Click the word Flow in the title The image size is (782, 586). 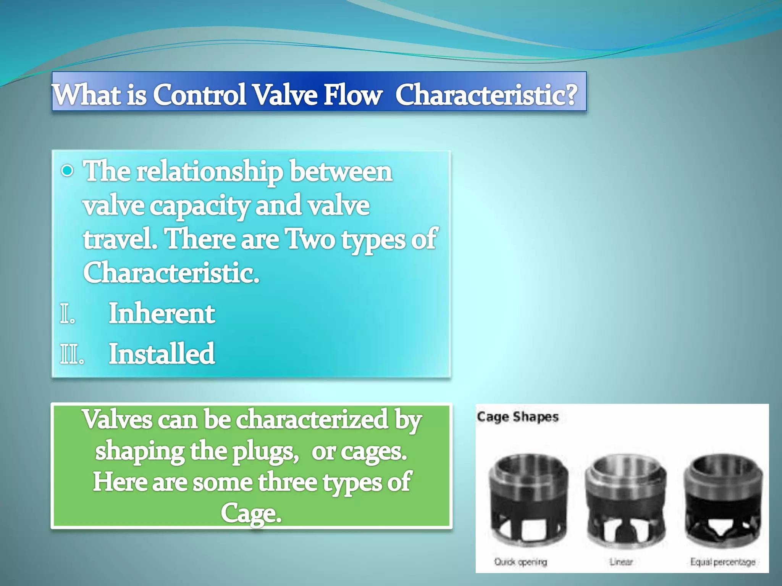tap(352, 95)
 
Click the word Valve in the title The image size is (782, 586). tap(285, 95)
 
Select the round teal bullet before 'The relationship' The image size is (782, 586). tap(68, 171)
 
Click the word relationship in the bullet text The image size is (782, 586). tap(210, 172)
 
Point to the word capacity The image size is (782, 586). tap(199, 206)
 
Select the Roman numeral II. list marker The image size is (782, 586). tap(72, 354)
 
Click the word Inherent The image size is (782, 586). tap(162, 314)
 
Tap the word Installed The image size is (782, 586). tap(162, 354)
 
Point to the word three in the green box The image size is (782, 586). tap(287, 482)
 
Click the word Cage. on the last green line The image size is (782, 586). tap(251, 513)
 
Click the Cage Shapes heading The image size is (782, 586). tap(517, 417)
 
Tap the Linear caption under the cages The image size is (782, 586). tap(621, 562)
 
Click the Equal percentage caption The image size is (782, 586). tap(722, 562)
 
